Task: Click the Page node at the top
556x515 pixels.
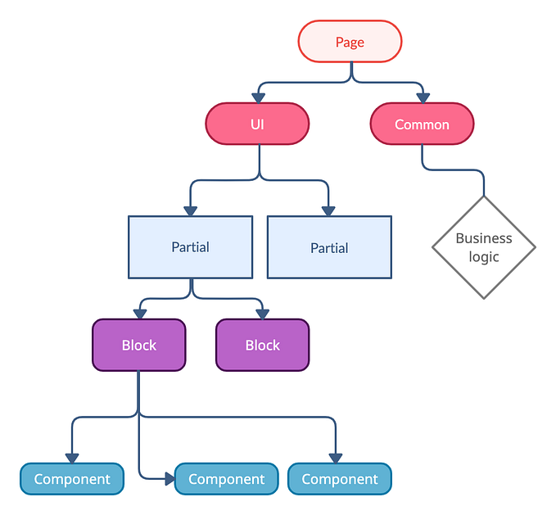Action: [350, 42]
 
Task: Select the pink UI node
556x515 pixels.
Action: [257, 124]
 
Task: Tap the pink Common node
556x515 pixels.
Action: [422, 124]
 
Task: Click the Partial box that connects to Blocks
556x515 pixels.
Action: [190, 246]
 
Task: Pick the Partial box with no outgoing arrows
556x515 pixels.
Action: [329, 247]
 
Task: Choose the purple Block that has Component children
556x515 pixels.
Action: [138, 345]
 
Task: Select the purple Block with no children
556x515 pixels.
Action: [262, 345]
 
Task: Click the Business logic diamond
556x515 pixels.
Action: [483, 246]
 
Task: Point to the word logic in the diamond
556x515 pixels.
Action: [484, 257]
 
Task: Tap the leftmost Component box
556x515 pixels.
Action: [72, 479]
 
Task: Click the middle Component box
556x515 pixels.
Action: [226, 479]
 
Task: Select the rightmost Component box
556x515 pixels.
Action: [339, 479]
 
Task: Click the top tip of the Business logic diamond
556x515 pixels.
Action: [483, 197]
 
